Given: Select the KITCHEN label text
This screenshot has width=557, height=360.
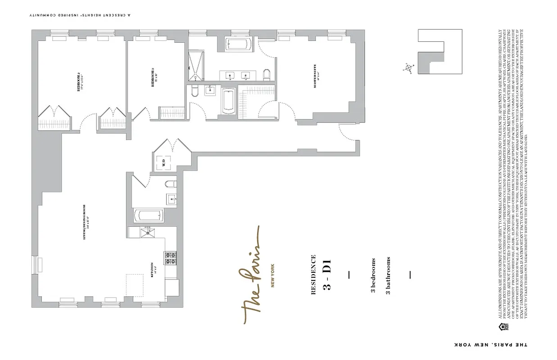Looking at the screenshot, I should [x=153, y=270].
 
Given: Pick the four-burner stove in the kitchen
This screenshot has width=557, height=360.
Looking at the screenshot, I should [x=170, y=258].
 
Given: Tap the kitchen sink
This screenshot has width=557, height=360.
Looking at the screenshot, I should [x=146, y=232].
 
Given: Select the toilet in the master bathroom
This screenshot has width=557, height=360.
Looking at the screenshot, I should [x=266, y=75].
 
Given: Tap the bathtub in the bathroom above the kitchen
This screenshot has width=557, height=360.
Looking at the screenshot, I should [x=149, y=215].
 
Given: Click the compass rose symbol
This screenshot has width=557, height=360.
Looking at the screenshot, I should [x=409, y=67].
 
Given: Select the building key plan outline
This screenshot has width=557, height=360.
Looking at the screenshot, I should [x=440, y=52].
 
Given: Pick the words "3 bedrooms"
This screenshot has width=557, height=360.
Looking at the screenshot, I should [x=373, y=276].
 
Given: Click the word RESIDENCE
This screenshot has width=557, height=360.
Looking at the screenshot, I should [x=313, y=275].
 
